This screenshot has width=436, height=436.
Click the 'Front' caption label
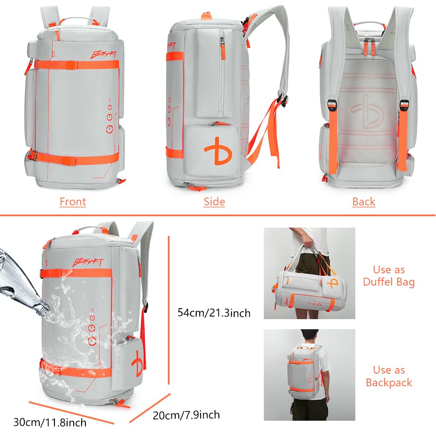(x=73, y=202)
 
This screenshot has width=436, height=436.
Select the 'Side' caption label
(x=214, y=202)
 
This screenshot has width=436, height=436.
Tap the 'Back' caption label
(x=364, y=202)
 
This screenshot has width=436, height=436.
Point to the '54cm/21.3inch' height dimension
(x=214, y=313)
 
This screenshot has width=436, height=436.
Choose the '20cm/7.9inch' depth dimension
(x=186, y=415)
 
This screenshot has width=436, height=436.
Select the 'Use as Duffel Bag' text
(x=389, y=276)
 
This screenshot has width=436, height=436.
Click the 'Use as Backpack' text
(x=389, y=376)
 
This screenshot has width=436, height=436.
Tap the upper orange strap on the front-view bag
(x=76, y=65)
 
